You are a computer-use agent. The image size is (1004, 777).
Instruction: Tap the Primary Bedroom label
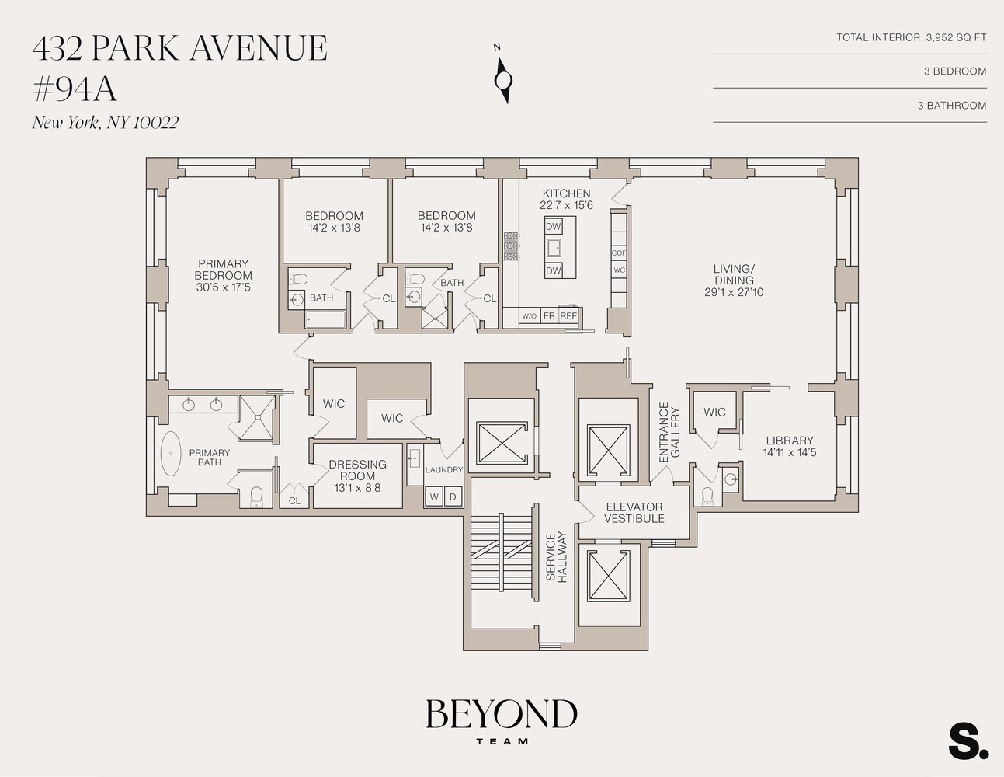click(x=223, y=275)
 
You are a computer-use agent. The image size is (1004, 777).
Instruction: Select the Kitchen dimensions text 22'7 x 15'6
click(x=566, y=206)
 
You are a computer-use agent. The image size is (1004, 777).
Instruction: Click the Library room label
click(x=789, y=441)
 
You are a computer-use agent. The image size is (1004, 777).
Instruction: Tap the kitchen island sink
click(x=554, y=248)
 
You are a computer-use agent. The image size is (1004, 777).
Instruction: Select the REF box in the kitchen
click(x=568, y=316)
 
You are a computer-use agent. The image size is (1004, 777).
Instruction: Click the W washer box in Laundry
click(x=434, y=497)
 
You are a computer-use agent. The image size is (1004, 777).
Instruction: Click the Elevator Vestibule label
click(x=634, y=513)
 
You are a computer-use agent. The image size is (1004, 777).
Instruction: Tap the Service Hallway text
click(x=556, y=556)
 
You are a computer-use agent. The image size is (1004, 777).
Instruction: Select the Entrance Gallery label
click(x=669, y=432)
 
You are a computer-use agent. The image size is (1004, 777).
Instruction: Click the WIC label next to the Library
click(x=714, y=412)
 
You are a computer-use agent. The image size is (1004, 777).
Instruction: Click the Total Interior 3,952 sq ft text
click(x=911, y=37)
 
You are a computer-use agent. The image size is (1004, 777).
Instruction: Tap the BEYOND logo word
click(x=501, y=714)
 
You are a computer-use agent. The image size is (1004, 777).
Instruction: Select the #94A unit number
click(x=75, y=89)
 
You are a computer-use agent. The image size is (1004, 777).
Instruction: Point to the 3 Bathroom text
click(x=951, y=106)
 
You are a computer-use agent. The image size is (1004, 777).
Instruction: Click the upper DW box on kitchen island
click(x=553, y=227)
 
